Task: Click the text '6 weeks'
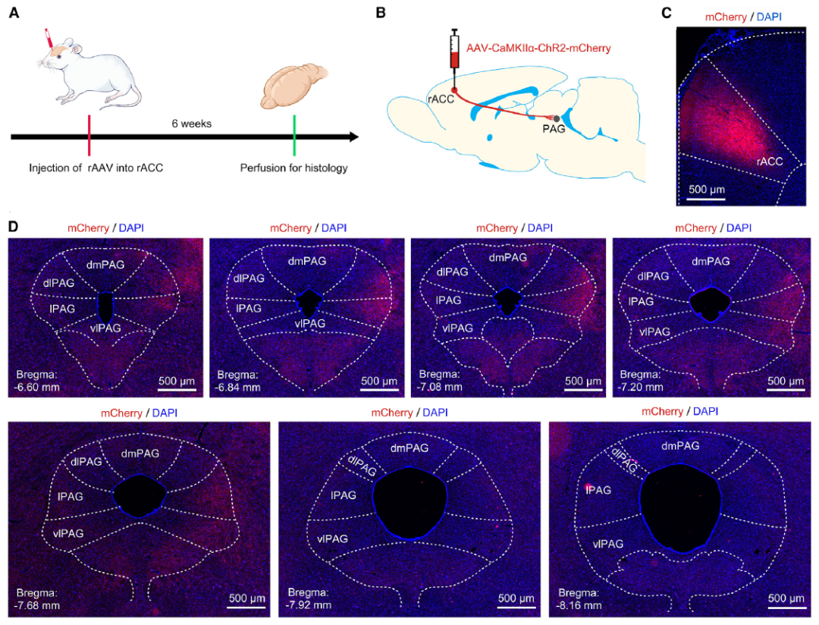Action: pos(193,124)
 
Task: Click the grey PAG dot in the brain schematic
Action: pos(557,118)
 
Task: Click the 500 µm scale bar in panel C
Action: pos(707,198)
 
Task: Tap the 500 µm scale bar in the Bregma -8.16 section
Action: pos(786,605)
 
